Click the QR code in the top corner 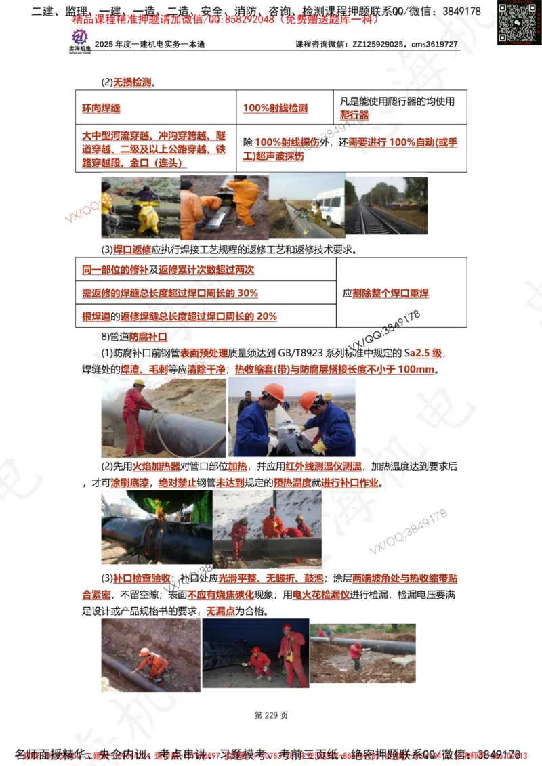pos(518,23)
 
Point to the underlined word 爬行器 pos(354,115)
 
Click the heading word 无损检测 pos(132,83)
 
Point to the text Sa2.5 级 pos(423,354)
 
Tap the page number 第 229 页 pos(271,715)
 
